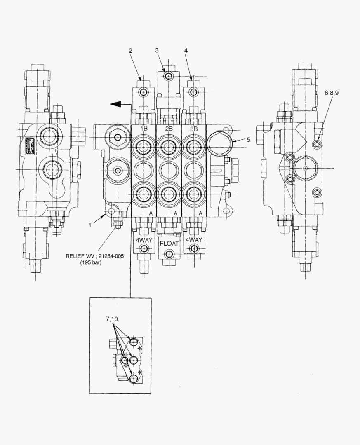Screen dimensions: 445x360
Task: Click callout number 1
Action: pos(90,226)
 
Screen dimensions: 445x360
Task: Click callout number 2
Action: pos(130,51)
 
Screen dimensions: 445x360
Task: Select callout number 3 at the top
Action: pos(157,50)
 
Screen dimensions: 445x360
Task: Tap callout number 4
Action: pos(186,50)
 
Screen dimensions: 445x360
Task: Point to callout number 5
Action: pos(248,140)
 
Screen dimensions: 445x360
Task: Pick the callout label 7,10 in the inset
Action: pos(112,319)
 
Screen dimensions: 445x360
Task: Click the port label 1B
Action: pos(144,129)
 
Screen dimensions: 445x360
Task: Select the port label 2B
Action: pos(169,129)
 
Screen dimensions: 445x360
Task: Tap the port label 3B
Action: pos(193,129)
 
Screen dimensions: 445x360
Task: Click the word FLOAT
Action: pos(169,243)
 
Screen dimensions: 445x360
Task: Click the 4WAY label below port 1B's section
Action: pos(144,240)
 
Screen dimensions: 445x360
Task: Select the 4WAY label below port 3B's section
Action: pos(194,240)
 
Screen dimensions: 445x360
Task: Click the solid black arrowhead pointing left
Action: pos(116,105)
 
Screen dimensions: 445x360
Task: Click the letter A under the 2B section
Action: pos(176,213)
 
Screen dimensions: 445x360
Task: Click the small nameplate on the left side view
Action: pos(29,145)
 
